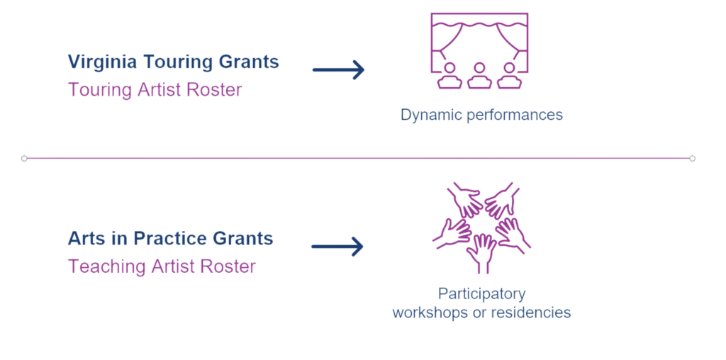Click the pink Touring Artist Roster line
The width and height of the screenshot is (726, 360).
[x=155, y=90]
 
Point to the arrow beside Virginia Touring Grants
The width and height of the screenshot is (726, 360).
[x=338, y=69]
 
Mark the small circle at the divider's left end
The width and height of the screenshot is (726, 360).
[x=24, y=158]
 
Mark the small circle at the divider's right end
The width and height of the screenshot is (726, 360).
[x=693, y=158]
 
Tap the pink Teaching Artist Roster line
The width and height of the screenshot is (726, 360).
[x=161, y=266]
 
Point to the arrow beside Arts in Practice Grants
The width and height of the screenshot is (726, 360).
[x=337, y=247]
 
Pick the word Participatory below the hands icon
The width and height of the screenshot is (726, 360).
[x=482, y=293]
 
